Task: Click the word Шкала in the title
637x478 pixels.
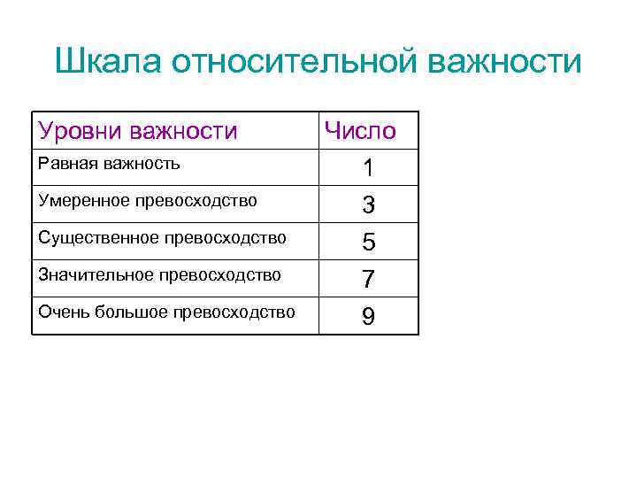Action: click(x=108, y=63)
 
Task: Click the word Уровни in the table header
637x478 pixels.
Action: click(x=81, y=132)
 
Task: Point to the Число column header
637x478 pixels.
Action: click(x=360, y=132)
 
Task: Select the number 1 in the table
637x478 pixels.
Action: click(x=367, y=167)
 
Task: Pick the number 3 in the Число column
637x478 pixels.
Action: click(x=368, y=205)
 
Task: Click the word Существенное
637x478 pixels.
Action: click(x=93, y=238)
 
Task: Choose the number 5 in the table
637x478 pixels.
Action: click(x=368, y=243)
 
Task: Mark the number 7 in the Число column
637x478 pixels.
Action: click(x=368, y=280)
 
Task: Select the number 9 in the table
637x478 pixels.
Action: click(x=368, y=317)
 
